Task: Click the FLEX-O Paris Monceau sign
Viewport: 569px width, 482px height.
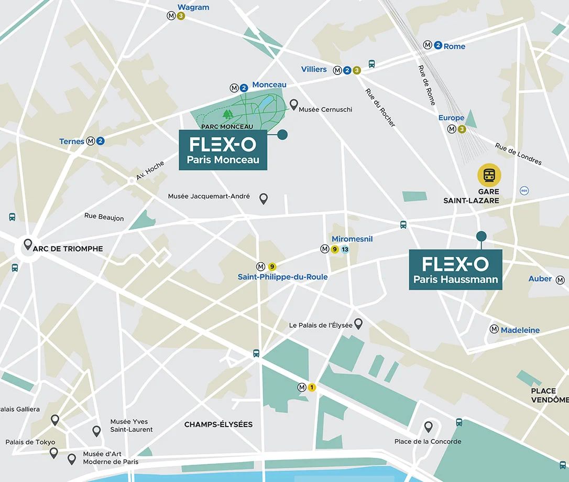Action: [223, 151]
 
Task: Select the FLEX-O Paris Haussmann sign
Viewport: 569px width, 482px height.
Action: [455, 270]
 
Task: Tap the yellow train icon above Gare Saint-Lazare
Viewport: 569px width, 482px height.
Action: [489, 176]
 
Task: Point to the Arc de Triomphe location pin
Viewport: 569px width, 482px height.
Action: [27, 244]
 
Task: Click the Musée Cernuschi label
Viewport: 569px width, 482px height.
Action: [325, 110]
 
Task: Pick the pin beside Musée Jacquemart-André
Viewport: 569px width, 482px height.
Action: [264, 198]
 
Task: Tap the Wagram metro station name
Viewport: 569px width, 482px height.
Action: [193, 7]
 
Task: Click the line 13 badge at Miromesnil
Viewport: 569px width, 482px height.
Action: [345, 250]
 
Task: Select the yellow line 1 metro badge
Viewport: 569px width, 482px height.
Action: [312, 388]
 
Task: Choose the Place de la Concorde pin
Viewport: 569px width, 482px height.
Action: [428, 426]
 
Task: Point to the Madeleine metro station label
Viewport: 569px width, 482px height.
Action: [520, 330]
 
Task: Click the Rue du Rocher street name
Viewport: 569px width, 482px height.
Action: [380, 108]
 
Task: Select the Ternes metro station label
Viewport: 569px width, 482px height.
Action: [72, 141]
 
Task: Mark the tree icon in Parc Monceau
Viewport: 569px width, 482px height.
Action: [227, 113]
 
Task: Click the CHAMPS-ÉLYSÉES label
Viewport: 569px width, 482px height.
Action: [218, 424]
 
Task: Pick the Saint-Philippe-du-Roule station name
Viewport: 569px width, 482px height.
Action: [282, 277]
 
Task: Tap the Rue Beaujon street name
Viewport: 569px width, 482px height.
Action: [104, 217]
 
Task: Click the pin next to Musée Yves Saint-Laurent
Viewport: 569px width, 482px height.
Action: [96, 431]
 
